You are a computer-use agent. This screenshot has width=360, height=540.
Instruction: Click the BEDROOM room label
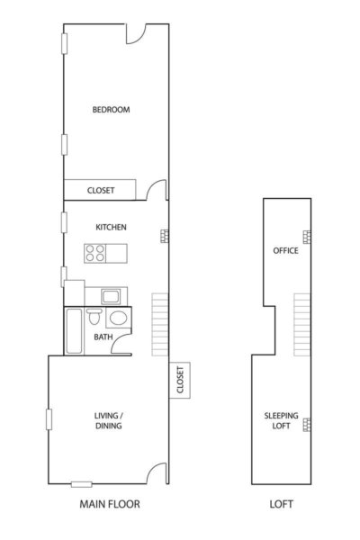click(111, 110)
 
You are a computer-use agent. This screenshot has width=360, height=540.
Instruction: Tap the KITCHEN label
click(111, 228)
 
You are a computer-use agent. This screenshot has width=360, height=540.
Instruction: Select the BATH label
click(103, 337)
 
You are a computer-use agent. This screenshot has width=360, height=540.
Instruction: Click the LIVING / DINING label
click(109, 420)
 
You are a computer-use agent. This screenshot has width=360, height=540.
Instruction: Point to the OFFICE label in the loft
click(285, 250)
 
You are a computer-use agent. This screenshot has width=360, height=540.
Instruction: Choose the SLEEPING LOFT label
click(281, 420)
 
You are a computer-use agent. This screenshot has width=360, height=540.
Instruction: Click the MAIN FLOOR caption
click(110, 504)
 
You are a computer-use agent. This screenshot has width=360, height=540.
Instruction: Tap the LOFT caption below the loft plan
click(281, 504)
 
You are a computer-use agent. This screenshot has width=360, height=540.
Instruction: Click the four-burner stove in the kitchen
click(95, 254)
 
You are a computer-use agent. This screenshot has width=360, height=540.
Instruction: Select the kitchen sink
click(111, 296)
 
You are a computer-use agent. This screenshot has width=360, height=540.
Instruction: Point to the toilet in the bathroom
click(94, 317)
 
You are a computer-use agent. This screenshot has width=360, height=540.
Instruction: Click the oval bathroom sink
click(118, 318)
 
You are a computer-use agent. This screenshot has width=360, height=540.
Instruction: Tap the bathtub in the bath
click(74, 331)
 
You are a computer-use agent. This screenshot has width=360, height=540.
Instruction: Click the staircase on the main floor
click(160, 324)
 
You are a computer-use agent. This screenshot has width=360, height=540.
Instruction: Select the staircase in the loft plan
click(301, 324)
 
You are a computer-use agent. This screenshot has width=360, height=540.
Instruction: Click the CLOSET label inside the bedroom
click(101, 191)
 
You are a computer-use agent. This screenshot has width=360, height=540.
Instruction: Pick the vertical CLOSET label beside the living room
click(180, 380)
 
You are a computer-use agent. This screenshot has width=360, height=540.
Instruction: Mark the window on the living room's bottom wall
click(82, 484)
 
